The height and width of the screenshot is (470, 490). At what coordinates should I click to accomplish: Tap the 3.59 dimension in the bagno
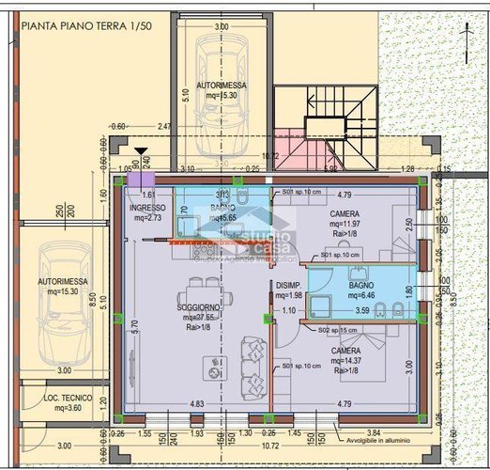click(361, 310)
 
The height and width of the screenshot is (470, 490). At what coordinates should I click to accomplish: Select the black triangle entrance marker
click(141, 150)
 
